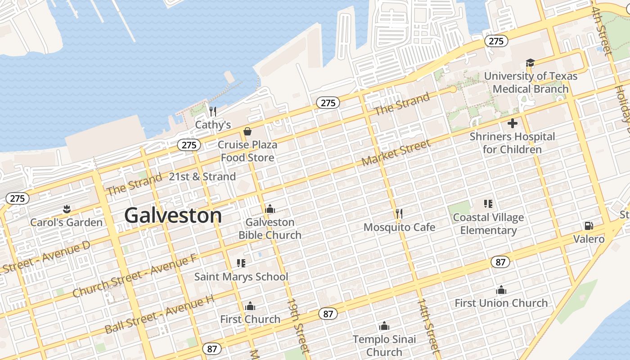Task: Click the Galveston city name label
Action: coord(173,216)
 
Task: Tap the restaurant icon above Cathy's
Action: coord(213,111)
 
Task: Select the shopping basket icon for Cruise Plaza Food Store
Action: coord(247,131)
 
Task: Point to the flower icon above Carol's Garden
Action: coord(67,209)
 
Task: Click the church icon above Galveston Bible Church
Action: coord(270,209)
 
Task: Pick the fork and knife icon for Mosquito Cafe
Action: coord(399,213)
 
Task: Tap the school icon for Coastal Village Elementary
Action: coord(488,204)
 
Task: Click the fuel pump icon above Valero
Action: coord(588,225)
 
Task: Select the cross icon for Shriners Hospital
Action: coord(512,123)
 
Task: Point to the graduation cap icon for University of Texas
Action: coord(530,63)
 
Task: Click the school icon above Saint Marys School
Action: coord(241,263)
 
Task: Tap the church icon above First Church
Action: coord(250,306)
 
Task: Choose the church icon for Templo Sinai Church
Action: coord(384,326)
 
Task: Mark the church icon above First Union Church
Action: coord(501,290)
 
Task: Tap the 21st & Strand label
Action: coord(202,176)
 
